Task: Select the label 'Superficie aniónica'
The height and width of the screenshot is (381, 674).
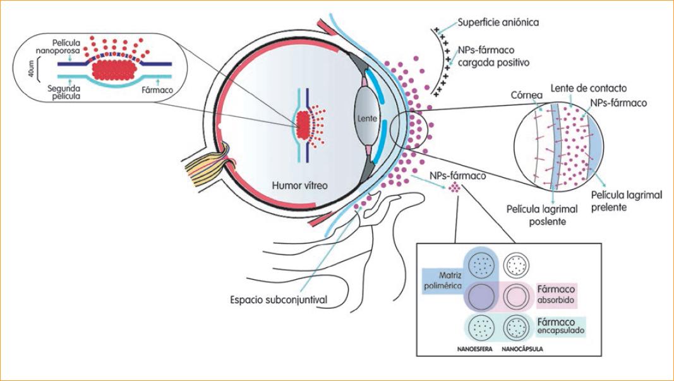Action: tap(499, 23)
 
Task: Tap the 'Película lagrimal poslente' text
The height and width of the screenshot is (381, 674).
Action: tap(536, 214)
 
